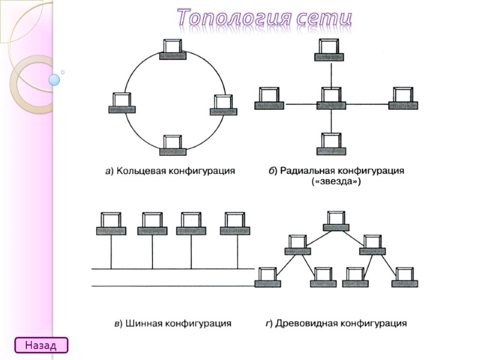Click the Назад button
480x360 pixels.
coord(41,345)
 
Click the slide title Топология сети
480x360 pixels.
coord(264,19)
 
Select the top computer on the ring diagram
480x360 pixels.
coord(173,49)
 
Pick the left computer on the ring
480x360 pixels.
coord(122,103)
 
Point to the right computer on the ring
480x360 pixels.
coord(224,105)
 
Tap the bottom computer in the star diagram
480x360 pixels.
coord(331,144)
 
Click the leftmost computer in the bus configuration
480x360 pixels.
coord(111,224)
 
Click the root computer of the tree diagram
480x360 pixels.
coord(336,221)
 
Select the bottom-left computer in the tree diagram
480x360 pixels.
coord(268,276)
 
